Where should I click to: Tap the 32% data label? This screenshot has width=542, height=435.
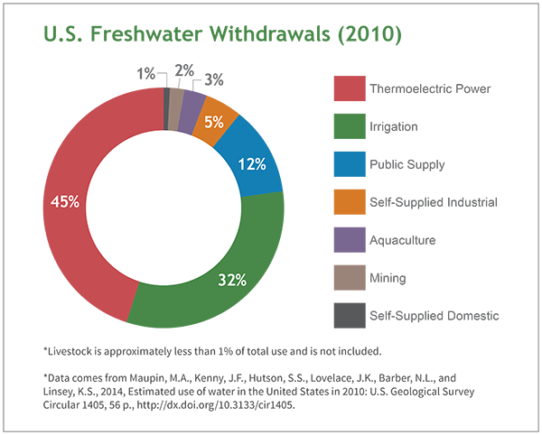point(232,280)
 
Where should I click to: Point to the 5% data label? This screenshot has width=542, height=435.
point(214,120)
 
